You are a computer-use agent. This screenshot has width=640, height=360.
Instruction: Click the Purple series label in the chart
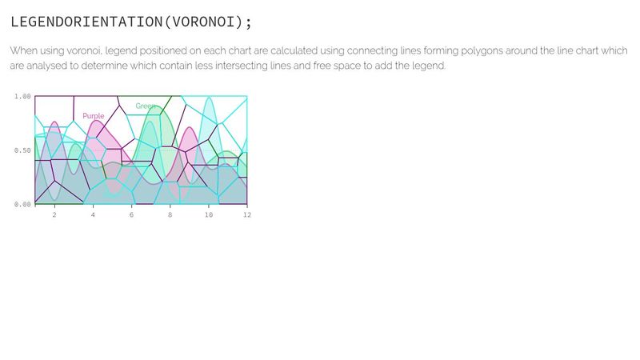click(94, 116)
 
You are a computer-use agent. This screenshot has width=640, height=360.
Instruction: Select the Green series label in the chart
click(146, 106)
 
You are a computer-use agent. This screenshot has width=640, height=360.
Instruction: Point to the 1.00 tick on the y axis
click(22, 97)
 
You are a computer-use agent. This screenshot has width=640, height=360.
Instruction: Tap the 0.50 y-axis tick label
click(22, 150)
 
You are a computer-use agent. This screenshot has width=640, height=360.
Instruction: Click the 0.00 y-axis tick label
click(22, 204)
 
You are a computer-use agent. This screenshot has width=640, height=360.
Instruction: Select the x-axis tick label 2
click(54, 215)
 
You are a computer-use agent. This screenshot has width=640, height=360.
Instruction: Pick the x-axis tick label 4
click(93, 215)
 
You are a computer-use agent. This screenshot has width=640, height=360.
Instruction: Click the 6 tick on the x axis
click(131, 215)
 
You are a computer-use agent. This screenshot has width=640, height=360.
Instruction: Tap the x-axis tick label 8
click(170, 215)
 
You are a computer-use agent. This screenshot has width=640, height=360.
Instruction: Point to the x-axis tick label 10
click(208, 215)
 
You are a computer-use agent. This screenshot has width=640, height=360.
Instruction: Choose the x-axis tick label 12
click(246, 215)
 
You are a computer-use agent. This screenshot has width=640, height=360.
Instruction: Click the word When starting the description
click(23, 50)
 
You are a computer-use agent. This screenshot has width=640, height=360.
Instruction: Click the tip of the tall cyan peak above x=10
click(209, 98)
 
